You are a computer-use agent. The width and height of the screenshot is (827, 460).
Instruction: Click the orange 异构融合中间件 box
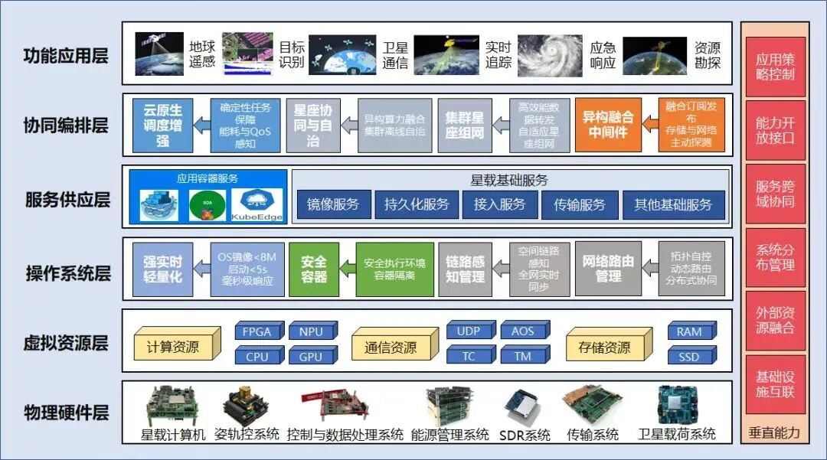(x=608, y=125)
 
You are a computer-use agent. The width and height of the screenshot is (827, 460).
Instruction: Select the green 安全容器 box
(x=314, y=269)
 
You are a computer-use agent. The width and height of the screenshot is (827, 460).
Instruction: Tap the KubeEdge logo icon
(x=257, y=204)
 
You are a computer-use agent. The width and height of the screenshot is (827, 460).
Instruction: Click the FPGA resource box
(x=258, y=331)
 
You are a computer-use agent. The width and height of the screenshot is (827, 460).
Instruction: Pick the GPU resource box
(x=311, y=356)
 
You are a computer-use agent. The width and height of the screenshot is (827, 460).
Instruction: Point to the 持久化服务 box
(x=417, y=204)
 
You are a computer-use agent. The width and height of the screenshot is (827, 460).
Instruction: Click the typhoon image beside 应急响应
(x=549, y=54)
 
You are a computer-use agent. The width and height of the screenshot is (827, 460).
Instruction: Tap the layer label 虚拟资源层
(x=66, y=343)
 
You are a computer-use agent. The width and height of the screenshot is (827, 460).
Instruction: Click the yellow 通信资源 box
(x=391, y=347)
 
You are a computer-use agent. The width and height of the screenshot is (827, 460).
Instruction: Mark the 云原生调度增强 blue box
(x=162, y=125)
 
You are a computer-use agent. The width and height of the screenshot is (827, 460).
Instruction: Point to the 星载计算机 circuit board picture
(x=173, y=405)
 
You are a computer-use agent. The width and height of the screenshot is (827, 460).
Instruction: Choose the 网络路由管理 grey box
(x=608, y=269)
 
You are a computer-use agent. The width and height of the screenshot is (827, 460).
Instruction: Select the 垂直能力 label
(x=774, y=432)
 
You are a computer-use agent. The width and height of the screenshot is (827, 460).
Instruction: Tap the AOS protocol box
(x=523, y=331)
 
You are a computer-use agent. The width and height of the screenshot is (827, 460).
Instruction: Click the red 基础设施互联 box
(x=774, y=384)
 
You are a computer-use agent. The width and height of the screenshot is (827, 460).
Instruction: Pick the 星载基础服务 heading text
(x=509, y=181)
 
